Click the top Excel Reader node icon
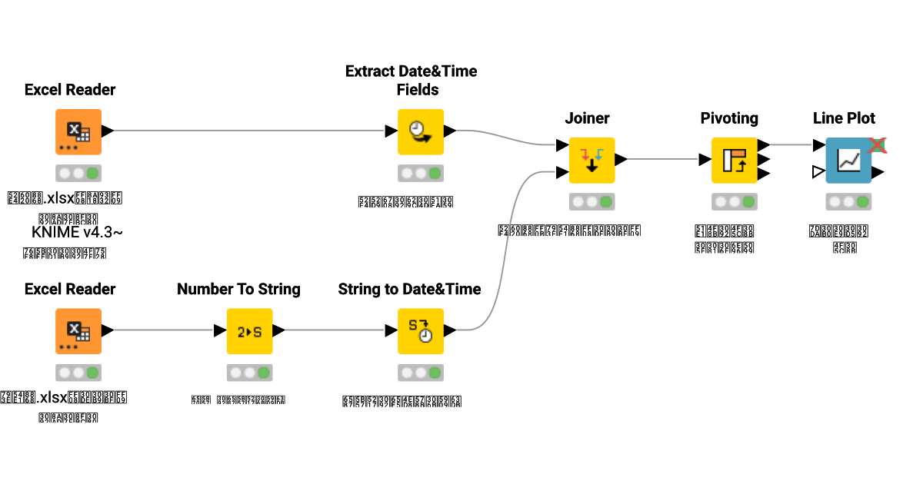tap(78, 131)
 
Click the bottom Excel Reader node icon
tap(78, 331)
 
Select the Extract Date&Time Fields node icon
tap(421, 131)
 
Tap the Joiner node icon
tap(591, 160)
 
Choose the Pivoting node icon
tap(734, 160)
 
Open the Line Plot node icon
tap(848, 160)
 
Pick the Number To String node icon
tap(249, 331)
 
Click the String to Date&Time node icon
tap(421, 331)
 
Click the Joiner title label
tap(587, 118)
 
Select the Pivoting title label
tap(729, 118)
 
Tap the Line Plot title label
tap(844, 118)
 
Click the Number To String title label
tap(238, 290)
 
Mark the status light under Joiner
tap(591, 202)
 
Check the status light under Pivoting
tap(734, 202)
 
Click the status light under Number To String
tap(249, 373)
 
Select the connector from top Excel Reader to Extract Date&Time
tap(246, 131)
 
